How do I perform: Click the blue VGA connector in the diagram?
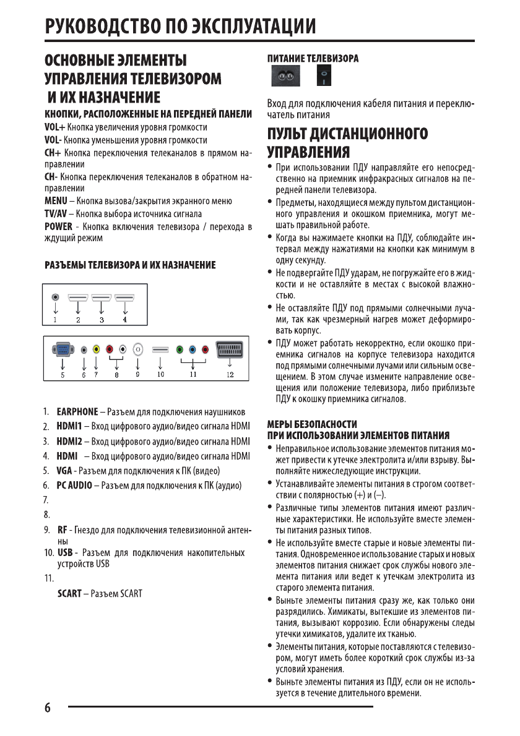tap(62, 349)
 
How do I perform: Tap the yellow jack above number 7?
tap(96, 349)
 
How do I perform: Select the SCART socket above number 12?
tap(229, 349)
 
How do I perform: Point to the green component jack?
tap(180, 349)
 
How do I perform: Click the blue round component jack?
tap(193, 349)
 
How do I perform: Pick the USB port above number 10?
tap(160, 350)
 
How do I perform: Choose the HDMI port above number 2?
tap(79, 297)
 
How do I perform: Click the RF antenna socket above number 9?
tap(137, 349)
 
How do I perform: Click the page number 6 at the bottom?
tap(47, 708)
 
